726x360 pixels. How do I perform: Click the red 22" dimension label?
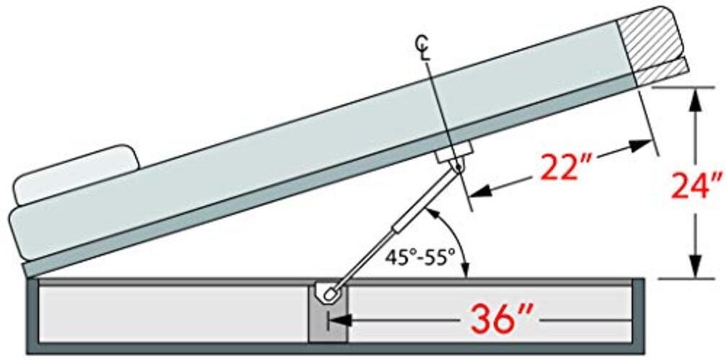click(563, 169)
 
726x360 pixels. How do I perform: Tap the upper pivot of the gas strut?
click(458, 166)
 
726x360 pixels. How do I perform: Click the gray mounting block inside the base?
click(328, 314)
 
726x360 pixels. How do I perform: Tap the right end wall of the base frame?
click(638, 315)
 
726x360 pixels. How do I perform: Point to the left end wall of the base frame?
click(32, 315)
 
